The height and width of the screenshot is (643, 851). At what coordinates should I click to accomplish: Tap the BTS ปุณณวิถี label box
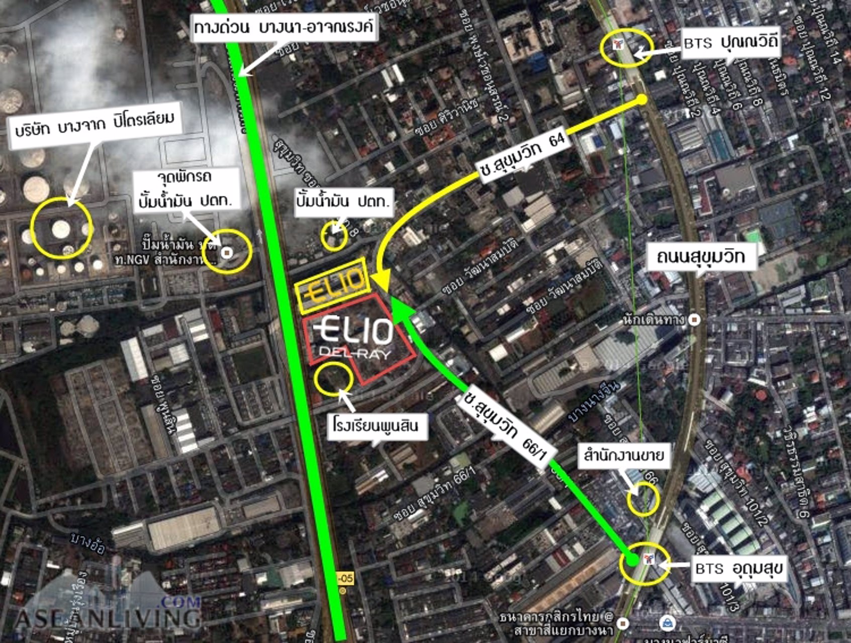click(730, 43)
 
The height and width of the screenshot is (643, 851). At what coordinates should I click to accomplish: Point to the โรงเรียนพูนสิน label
click(375, 426)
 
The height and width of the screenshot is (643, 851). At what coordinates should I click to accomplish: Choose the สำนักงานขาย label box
click(623, 455)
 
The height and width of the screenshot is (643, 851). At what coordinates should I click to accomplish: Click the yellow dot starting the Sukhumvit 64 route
click(641, 99)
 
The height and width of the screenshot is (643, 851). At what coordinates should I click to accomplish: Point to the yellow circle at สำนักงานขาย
click(643, 498)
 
